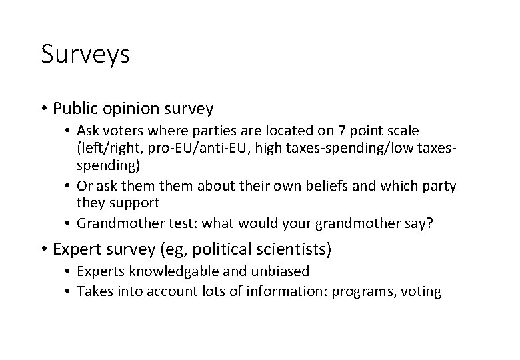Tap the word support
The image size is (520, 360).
(136, 203)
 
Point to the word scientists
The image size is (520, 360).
(295, 249)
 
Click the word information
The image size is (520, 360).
(296, 291)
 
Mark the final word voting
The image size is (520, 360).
(422, 291)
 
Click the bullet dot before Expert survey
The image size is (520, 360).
(43, 249)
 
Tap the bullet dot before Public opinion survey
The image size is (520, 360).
(43, 107)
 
